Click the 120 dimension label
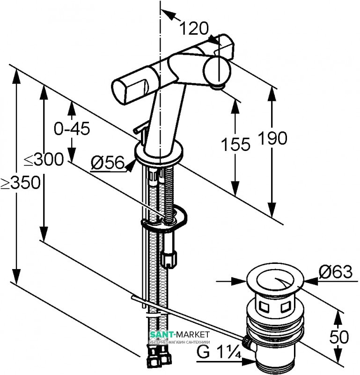[194, 29]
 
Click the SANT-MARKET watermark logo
[179, 335]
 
